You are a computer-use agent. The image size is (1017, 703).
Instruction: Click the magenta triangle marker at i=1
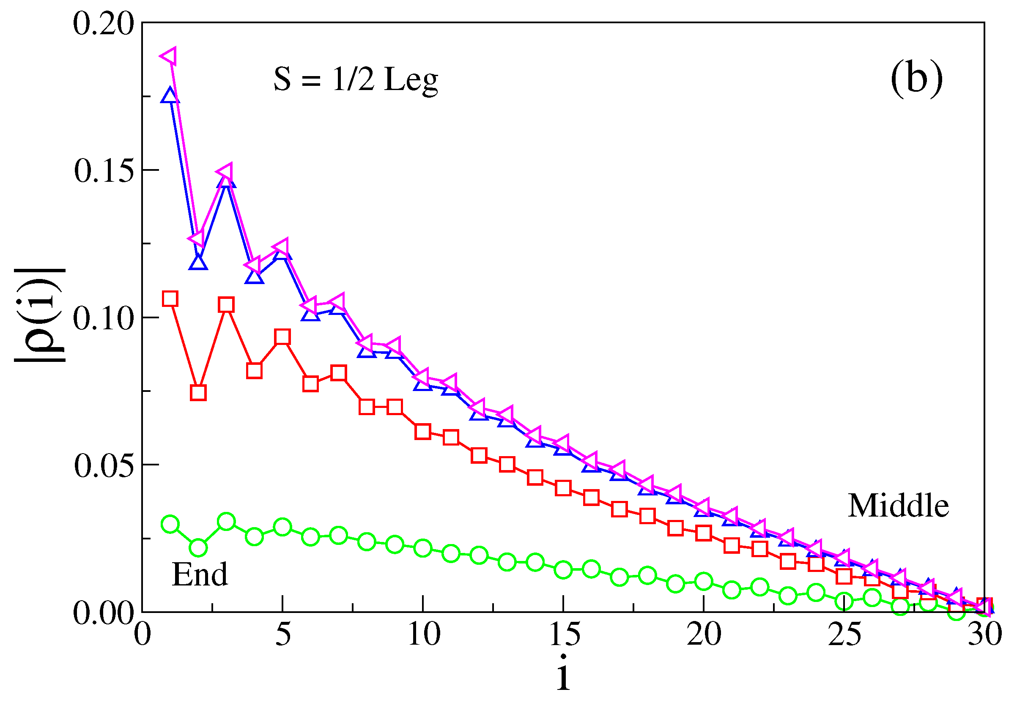coord(169,56)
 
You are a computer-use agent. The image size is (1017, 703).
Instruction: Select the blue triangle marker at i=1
coord(170,96)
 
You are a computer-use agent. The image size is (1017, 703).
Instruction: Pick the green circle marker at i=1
coord(170,524)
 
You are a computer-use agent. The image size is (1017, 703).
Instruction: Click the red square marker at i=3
coord(226,305)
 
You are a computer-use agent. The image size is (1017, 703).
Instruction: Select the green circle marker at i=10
coord(422,548)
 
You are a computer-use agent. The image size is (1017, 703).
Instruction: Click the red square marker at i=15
coord(563,488)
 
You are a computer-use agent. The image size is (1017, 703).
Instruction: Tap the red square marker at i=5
coord(282,337)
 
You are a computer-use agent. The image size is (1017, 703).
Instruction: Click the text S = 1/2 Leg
coord(355,80)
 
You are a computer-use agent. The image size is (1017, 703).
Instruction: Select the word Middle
coord(898,506)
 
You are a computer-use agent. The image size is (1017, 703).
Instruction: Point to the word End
coord(200,574)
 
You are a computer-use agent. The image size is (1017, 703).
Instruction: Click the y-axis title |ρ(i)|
coord(41,315)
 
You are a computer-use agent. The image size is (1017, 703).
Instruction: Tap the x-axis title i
coord(563,672)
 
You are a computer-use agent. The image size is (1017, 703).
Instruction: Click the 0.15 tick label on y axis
coord(104,171)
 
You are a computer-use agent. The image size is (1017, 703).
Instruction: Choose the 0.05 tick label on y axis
coord(104,465)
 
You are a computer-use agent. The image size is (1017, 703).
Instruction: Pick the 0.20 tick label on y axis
coord(104,24)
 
